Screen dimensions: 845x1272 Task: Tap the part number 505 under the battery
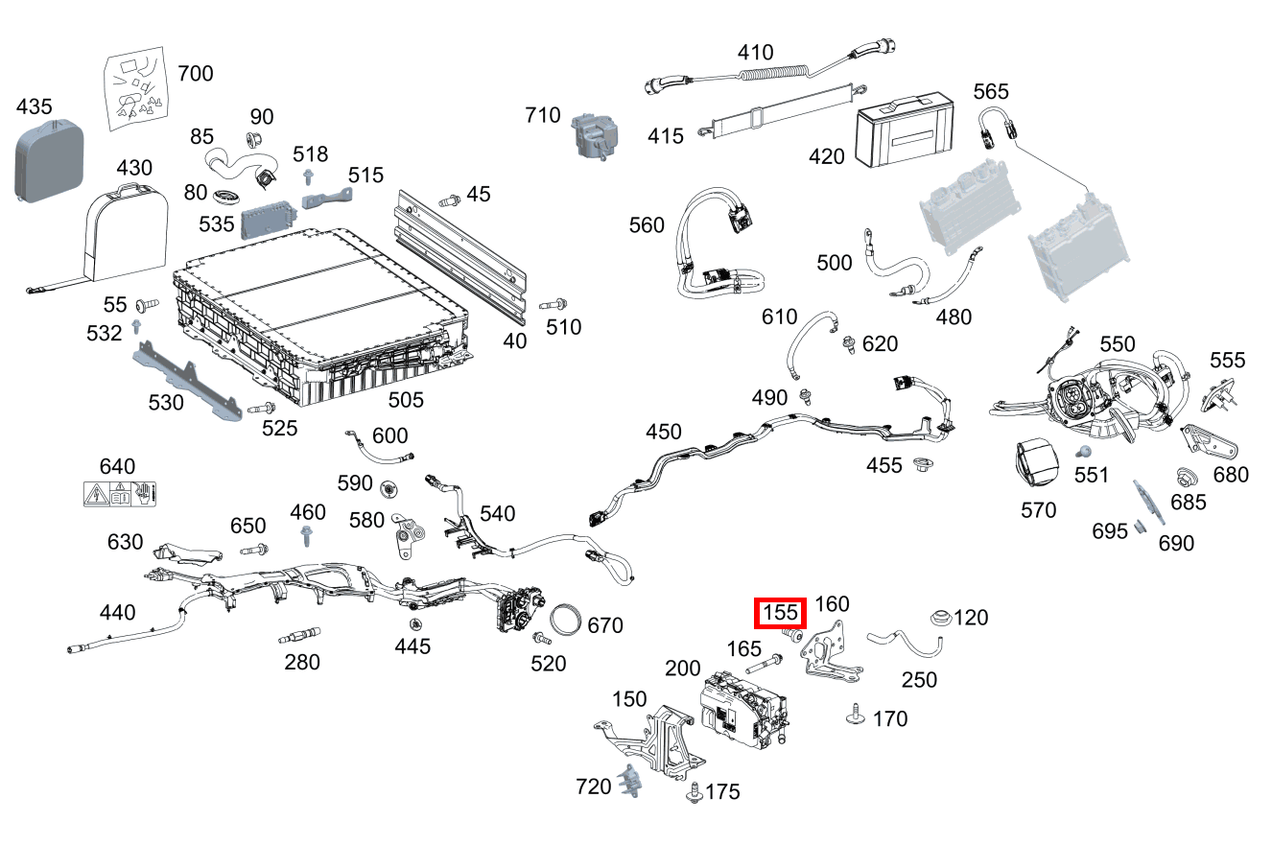pos(405,399)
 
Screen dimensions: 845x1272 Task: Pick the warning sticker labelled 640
pos(120,495)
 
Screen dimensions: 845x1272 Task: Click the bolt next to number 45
pos(448,200)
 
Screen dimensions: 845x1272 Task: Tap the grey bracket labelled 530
pos(187,382)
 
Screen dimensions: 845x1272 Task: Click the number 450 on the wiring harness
pos(663,433)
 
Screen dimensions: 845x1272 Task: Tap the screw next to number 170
pos(853,713)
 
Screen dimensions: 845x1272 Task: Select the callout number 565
pos(991,91)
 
